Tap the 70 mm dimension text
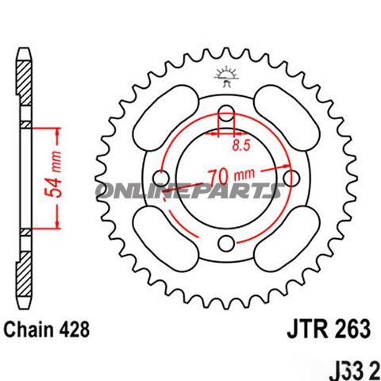coord(231,172)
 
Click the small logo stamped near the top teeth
coord(225,77)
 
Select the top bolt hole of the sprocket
coord(225,111)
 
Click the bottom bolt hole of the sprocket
coord(226,242)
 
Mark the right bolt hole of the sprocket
coord(291,176)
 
